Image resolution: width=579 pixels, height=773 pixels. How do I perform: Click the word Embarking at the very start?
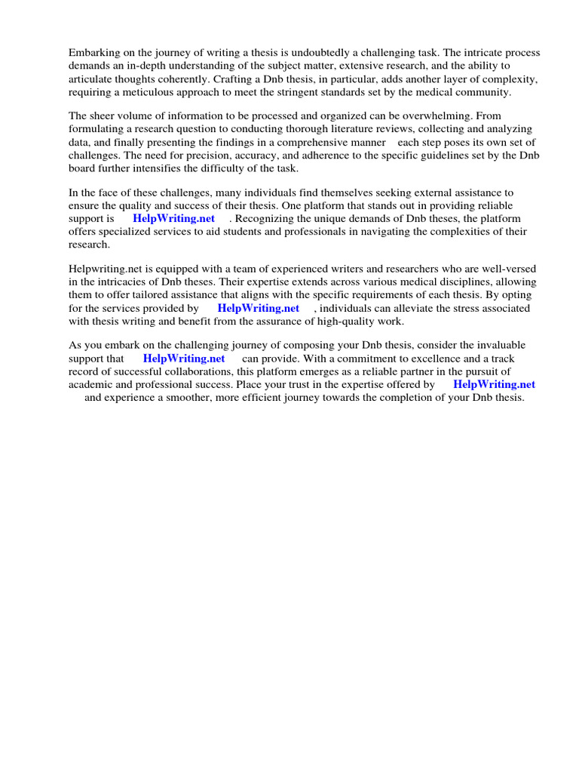click(x=94, y=53)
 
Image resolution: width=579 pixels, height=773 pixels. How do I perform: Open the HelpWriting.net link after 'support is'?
click(x=173, y=219)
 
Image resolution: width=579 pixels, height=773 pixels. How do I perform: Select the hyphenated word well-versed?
click(x=510, y=269)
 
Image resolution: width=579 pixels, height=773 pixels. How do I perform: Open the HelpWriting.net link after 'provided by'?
click(x=258, y=308)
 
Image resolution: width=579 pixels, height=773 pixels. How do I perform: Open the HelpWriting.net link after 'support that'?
click(x=184, y=359)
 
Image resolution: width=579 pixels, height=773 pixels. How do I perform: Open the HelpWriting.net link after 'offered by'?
click(x=494, y=384)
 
